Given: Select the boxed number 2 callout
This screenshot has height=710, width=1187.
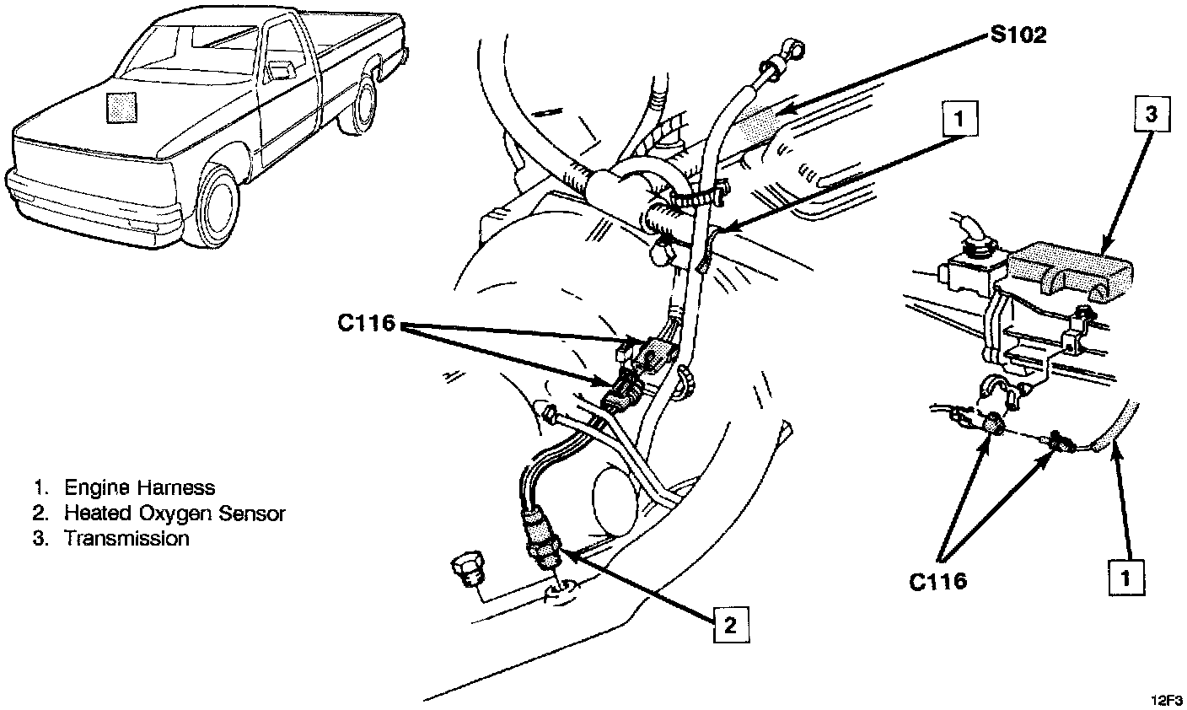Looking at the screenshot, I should pos(729,624).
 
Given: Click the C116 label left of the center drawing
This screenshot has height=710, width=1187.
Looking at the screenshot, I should pos(363,323).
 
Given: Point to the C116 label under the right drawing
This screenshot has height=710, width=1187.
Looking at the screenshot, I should pos(937,580).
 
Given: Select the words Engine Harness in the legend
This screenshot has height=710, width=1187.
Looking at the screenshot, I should pos(139,487).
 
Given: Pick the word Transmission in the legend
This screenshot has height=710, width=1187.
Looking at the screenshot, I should pos(126,538).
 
